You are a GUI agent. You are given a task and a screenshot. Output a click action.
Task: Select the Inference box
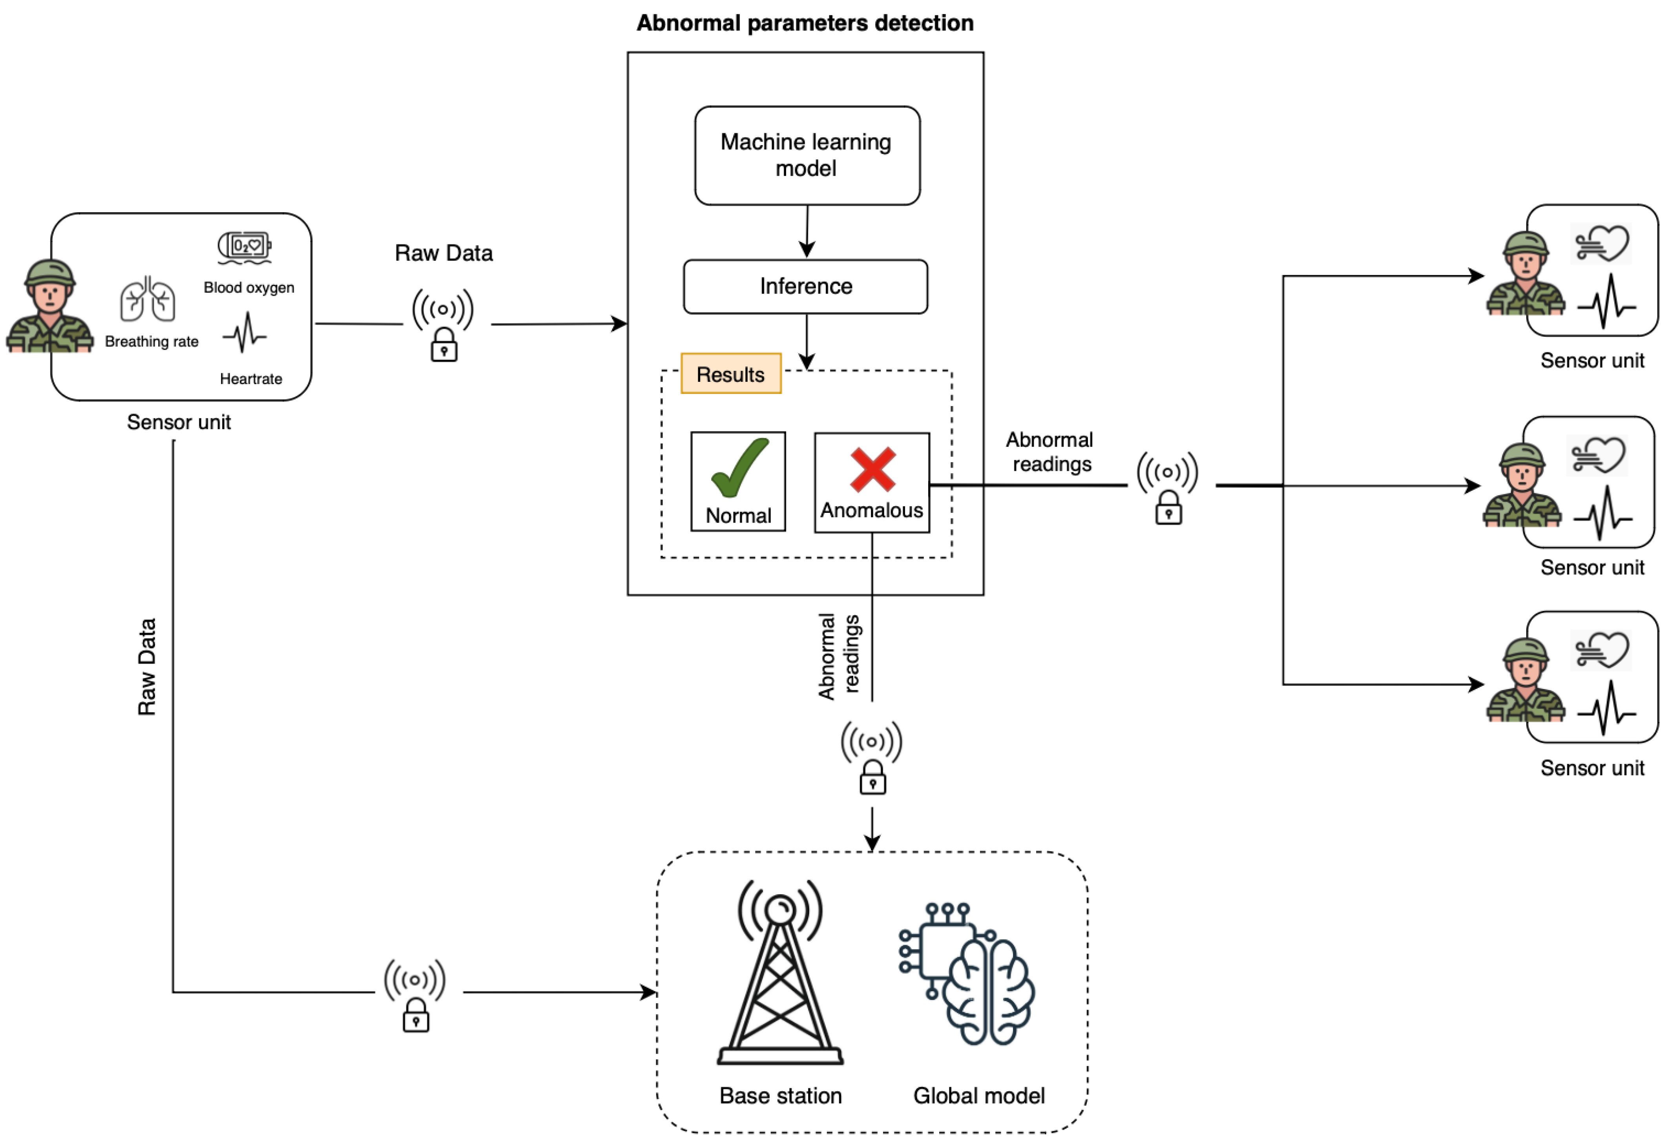tap(805, 287)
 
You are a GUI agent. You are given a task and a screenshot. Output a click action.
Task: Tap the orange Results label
tap(731, 374)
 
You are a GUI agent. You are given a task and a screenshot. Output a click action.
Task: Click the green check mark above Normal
tap(739, 469)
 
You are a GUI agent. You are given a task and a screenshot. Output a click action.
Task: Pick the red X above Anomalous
tap(872, 470)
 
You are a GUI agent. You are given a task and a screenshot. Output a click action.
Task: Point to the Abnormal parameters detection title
tap(805, 23)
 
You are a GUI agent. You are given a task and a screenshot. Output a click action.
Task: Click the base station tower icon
tap(780, 971)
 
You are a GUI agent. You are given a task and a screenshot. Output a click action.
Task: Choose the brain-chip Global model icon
tap(967, 973)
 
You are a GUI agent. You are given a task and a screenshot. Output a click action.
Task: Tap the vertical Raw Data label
tap(147, 667)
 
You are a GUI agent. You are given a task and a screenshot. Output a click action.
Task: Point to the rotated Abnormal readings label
tap(839, 656)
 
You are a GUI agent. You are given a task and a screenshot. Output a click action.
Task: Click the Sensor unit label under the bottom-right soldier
tap(1592, 768)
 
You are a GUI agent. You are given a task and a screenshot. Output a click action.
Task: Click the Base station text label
tap(780, 1096)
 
